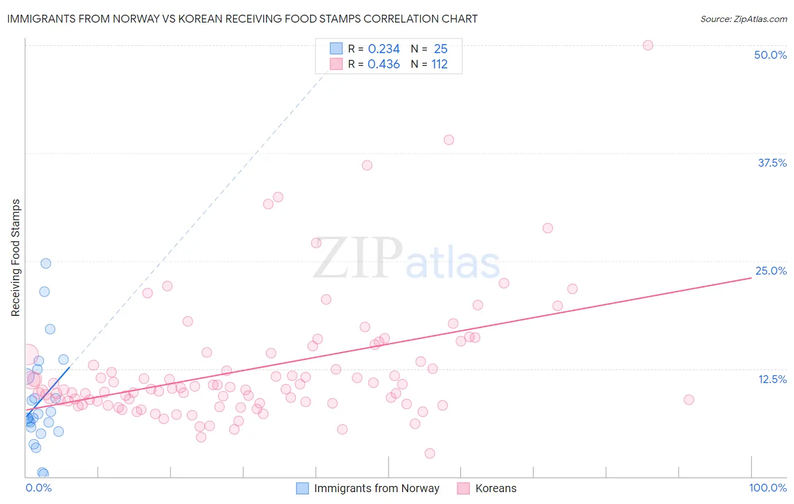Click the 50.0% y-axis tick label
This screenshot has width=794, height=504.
[770, 55]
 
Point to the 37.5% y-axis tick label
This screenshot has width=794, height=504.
[771, 163]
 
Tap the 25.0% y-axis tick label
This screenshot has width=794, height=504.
[770, 271]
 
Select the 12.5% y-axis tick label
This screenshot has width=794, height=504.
[772, 379]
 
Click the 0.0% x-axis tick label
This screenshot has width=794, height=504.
[38, 488]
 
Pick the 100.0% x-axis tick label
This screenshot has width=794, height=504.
[767, 488]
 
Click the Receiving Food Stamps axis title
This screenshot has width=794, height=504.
[15, 258]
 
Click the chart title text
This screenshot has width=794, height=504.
[242, 19]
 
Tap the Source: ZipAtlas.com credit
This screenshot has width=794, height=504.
[743, 19]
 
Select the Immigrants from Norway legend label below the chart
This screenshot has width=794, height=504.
[376, 488]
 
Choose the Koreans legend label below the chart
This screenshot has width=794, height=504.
[495, 488]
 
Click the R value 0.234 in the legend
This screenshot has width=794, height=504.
[383, 49]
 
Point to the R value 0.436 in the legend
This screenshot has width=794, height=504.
[383, 64]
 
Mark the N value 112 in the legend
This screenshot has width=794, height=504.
[439, 64]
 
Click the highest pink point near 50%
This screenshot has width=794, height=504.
[648, 45]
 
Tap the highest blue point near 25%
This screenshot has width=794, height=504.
[46, 263]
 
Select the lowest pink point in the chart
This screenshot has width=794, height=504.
[430, 453]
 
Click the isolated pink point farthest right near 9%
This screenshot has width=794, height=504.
[688, 399]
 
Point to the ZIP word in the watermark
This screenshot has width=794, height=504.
[357, 258]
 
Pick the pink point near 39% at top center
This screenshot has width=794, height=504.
[449, 140]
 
